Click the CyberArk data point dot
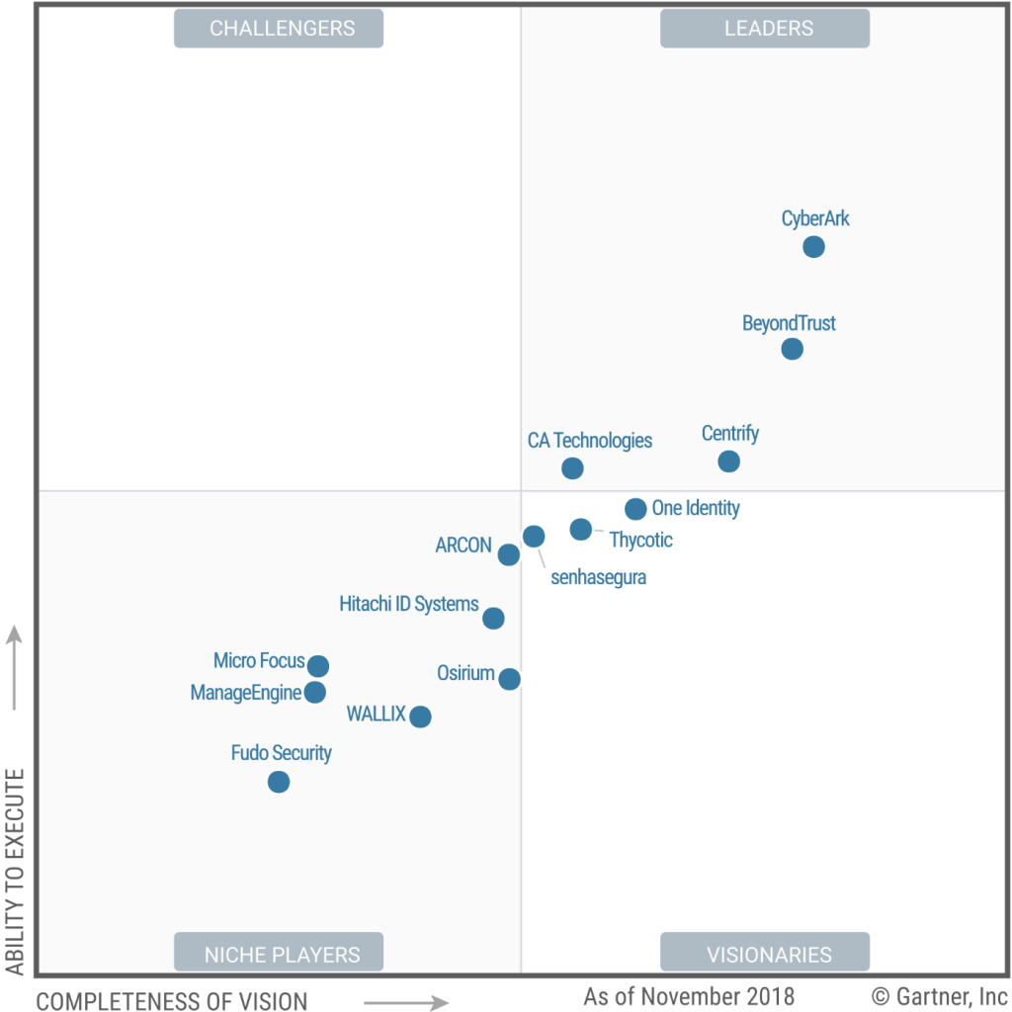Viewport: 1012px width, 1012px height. [813, 247]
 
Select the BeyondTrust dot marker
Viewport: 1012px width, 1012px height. [792, 349]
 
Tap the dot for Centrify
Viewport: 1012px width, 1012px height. [728, 462]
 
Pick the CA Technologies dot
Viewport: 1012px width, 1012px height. [572, 468]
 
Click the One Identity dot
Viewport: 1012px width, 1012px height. [635, 510]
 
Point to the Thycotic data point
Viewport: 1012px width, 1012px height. [581, 530]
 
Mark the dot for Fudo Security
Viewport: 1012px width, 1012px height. [279, 782]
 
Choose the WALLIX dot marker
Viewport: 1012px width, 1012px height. [420, 717]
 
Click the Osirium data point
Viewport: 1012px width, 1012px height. [509, 679]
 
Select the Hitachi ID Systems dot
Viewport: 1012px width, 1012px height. [493, 619]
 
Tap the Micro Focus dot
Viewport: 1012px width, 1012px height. [317, 666]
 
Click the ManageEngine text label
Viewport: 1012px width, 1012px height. [245, 693]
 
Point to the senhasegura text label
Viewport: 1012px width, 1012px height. [598, 577]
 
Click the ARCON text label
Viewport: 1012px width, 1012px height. [464, 546]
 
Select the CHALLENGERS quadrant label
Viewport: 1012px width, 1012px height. [279, 29]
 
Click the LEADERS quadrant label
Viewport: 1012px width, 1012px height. [765, 29]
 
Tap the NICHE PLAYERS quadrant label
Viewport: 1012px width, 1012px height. [279, 955]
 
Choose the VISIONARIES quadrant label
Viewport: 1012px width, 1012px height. [765, 955]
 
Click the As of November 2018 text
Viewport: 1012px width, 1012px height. [689, 996]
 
